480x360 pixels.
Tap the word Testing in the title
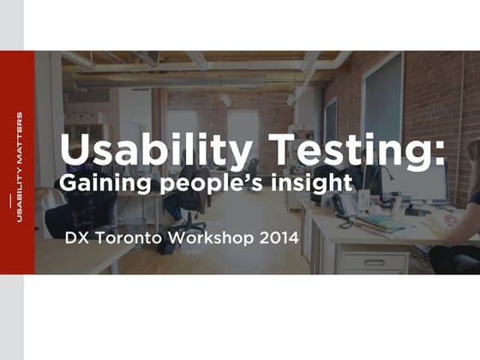331,152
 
